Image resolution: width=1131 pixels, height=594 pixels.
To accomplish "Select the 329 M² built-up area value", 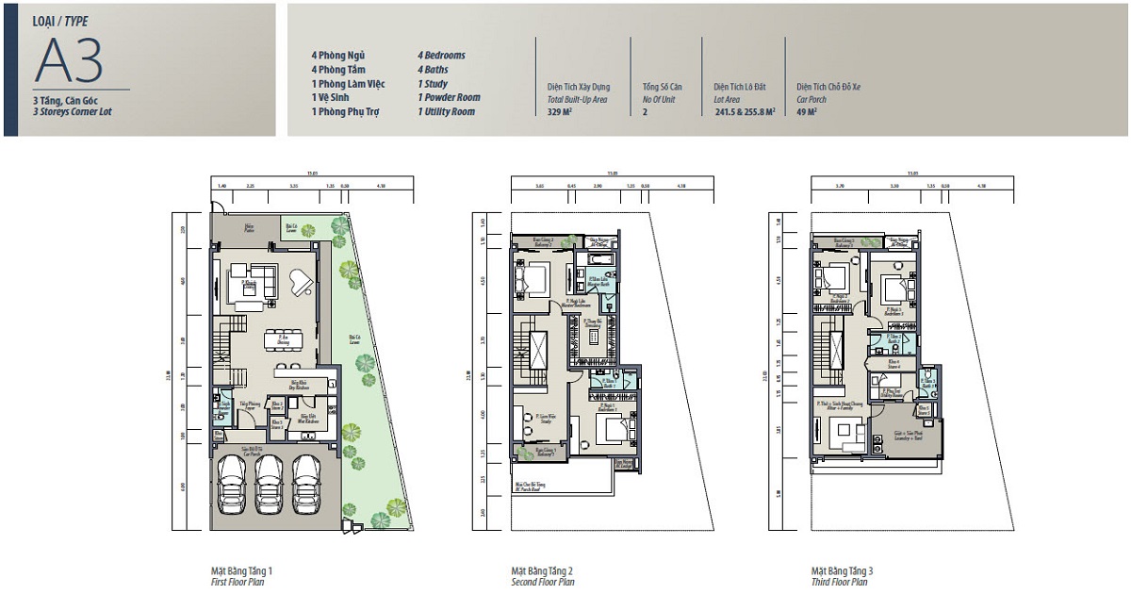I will [x=561, y=111].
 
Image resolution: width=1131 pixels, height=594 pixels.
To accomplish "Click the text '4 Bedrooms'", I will [x=441, y=56].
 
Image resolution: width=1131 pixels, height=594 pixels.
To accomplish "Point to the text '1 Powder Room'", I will [x=449, y=97].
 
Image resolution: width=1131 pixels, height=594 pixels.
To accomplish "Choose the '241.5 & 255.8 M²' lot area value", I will [x=745, y=111].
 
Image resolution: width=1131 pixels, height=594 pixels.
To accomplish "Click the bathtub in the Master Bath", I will [x=600, y=258].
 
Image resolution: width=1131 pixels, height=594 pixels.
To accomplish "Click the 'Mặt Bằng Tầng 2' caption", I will [x=542, y=571].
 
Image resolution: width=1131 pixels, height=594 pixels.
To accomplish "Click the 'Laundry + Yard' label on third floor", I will [x=908, y=437].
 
